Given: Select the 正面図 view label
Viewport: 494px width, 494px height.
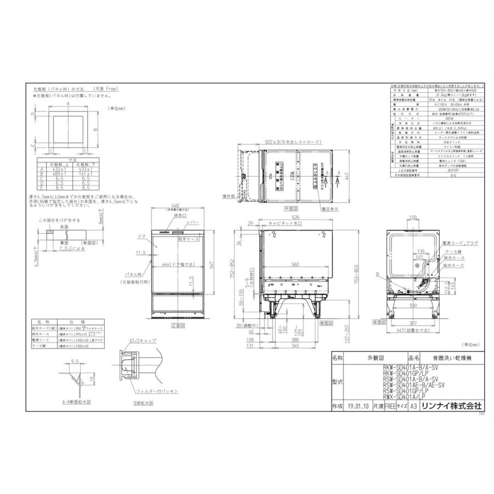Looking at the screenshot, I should pyautogui.click(x=177, y=325).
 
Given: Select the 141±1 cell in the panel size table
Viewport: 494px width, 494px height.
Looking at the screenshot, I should pyautogui.click(x=85, y=174).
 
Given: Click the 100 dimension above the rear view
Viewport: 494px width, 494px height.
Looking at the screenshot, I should pyautogui.click(x=413, y=218).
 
